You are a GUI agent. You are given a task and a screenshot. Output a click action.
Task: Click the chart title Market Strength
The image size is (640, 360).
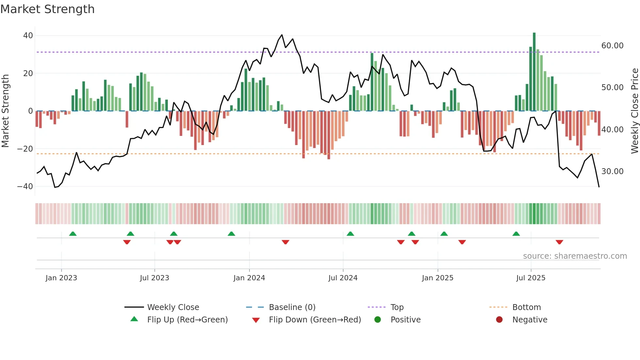coord(47,9)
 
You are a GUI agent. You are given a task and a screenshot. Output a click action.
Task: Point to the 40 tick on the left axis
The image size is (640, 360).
coord(28,35)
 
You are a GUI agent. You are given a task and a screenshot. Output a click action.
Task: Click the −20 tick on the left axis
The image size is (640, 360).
coord(25,149)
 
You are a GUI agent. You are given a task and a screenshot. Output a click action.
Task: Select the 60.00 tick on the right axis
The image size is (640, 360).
coord(612,46)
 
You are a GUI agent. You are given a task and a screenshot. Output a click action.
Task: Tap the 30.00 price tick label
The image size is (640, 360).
coord(612,172)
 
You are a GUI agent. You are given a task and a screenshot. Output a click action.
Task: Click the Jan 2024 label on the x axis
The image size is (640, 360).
coord(249,278)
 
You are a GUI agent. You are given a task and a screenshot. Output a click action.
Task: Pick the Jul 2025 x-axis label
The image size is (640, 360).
coord(531,278)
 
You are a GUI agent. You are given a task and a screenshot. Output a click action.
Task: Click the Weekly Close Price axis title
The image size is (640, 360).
coord(634,111)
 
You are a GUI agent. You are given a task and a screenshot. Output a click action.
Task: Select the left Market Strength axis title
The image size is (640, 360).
coord(5,111)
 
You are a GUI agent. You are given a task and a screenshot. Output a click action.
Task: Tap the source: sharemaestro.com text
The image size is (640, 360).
coord(575,256)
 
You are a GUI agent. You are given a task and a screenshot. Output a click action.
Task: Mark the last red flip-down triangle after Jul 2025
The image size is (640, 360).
coord(559,242)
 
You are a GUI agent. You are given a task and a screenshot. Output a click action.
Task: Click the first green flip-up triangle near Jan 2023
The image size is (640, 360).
coord(73,234)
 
